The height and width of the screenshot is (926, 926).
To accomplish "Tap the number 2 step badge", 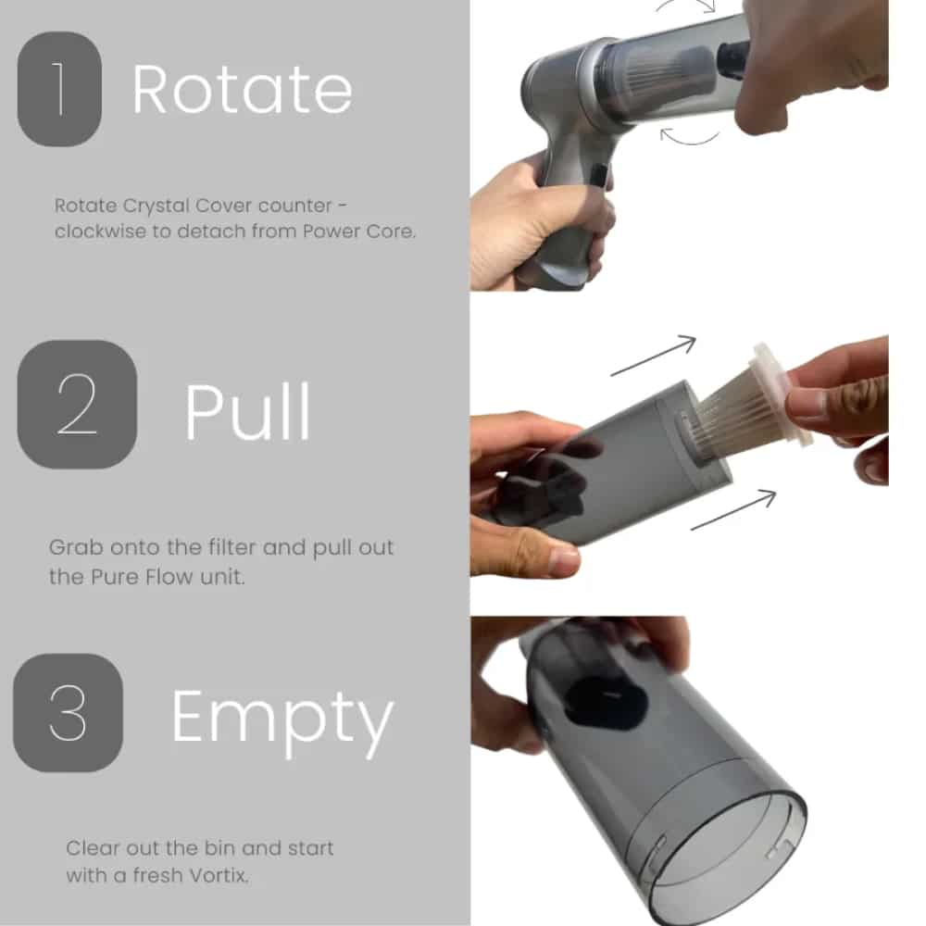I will pyautogui.click(x=78, y=405).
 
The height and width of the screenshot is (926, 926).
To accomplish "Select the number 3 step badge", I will pyautogui.click(x=68, y=712).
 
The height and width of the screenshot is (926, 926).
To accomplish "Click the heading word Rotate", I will pyautogui.click(x=242, y=90).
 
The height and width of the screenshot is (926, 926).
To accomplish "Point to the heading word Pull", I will pyautogui.click(x=247, y=411).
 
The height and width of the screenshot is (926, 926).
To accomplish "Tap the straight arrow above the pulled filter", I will pyautogui.click(x=653, y=356).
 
